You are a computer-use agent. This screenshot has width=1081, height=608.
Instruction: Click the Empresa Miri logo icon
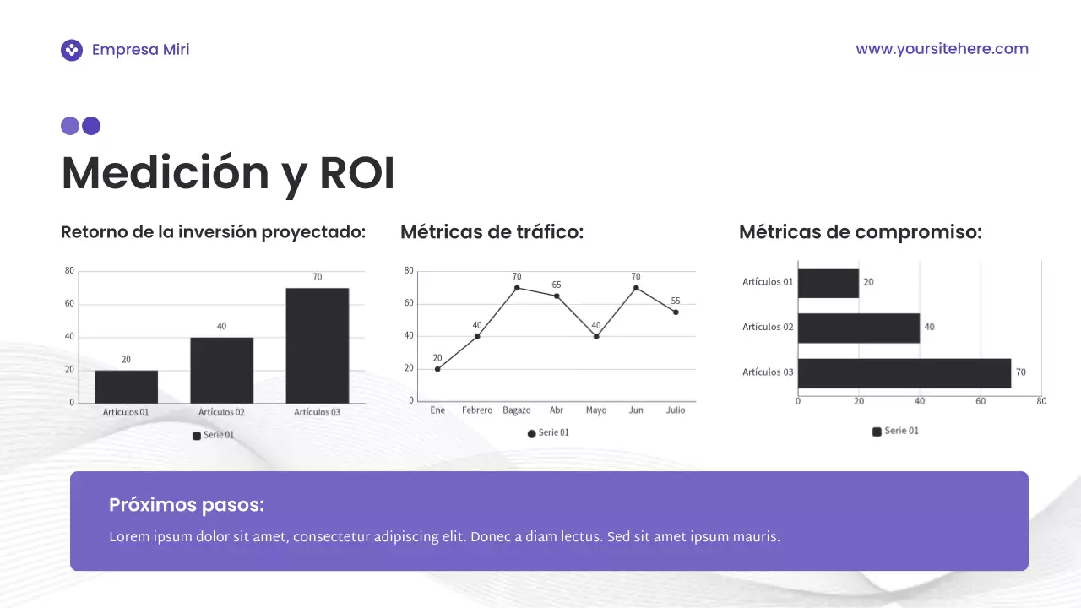(72, 50)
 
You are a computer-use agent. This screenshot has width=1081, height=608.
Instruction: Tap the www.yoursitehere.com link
(942, 49)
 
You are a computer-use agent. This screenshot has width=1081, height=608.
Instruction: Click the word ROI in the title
(356, 174)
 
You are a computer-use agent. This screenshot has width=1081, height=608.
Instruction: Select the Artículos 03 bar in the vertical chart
(317, 345)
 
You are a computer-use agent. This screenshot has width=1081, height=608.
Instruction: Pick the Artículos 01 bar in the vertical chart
(126, 386)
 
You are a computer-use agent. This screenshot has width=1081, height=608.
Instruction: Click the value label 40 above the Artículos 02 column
(221, 326)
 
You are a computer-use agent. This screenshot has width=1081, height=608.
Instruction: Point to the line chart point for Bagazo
(517, 288)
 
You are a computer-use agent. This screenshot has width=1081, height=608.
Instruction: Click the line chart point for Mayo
(596, 337)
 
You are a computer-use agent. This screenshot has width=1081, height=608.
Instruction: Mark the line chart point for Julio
(676, 312)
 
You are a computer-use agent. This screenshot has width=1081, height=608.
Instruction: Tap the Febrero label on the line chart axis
(477, 410)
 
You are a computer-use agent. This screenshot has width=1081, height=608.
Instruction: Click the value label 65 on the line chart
(557, 285)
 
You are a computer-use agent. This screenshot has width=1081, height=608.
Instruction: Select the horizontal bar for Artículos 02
(858, 328)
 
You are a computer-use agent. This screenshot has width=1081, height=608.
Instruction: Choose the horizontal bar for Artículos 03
(904, 373)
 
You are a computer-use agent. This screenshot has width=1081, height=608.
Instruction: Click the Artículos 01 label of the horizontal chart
(768, 282)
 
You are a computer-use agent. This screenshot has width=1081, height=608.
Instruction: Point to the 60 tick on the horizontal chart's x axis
(981, 401)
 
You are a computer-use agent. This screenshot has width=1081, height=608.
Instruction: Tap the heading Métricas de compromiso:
(860, 232)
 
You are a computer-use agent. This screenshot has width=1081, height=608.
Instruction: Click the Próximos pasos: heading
(187, 505)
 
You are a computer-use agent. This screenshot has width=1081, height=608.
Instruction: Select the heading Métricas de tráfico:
(492, 232)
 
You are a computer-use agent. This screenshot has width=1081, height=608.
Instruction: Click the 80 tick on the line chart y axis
(409, 271)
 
